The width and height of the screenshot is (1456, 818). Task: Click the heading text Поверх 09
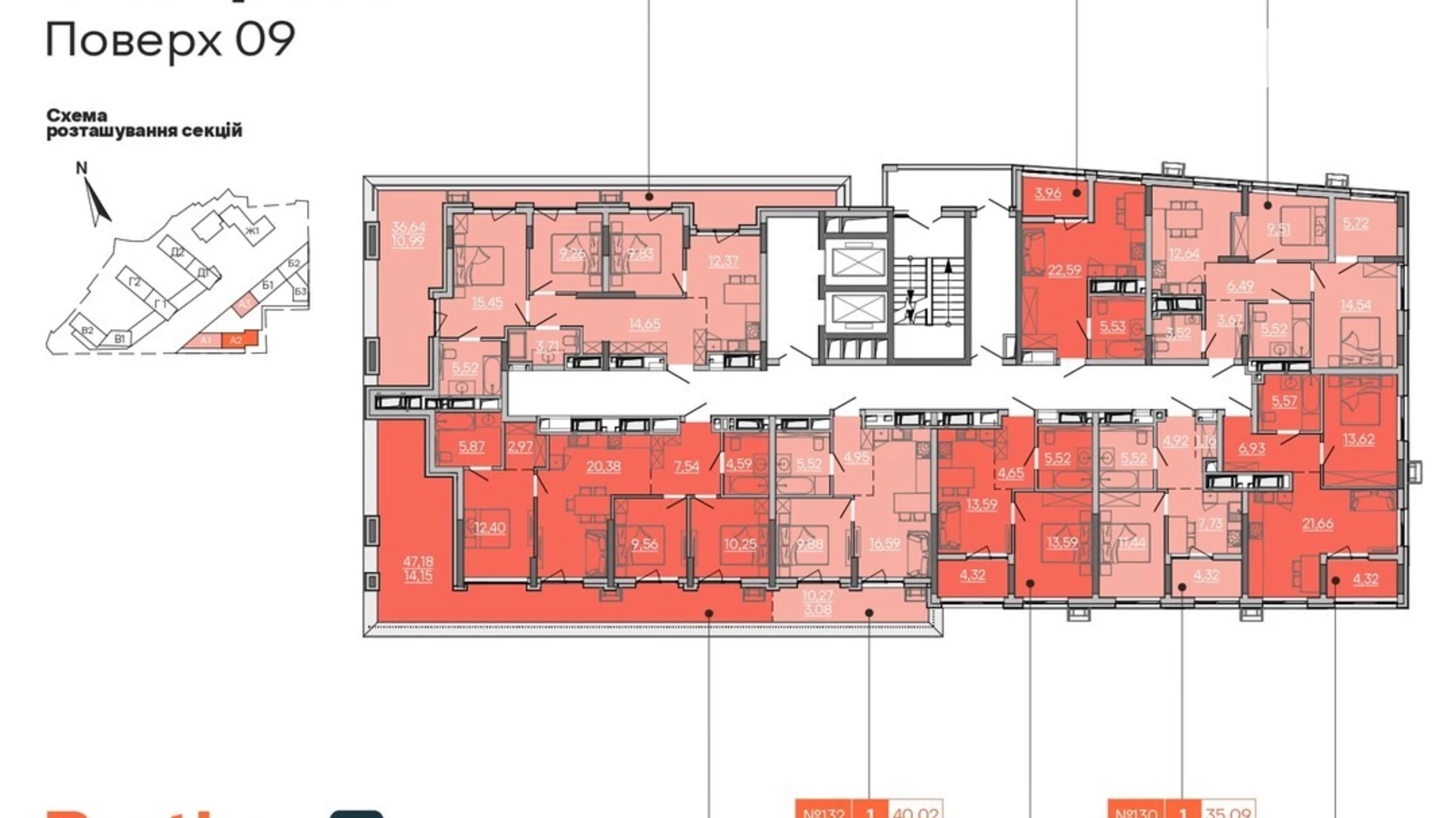(170, 39)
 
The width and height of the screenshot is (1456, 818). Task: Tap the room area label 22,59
(1064, 271)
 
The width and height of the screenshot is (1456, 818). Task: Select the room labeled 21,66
(1317, 524)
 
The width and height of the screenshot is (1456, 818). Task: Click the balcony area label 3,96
(1048, 193)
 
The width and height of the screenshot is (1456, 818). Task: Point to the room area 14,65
(644, 323)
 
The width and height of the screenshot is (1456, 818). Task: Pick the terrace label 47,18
(418, 562)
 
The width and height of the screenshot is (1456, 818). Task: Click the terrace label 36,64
(408, 227)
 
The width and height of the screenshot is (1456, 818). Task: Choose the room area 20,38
(603, 466)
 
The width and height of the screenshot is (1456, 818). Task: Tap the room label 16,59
(885, 543)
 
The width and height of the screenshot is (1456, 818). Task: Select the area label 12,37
(722, 260)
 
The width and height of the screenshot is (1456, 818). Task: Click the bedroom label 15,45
(486, 302)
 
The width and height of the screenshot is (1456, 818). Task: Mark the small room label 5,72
(1355, 223)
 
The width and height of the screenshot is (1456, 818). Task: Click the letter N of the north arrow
(81, 168)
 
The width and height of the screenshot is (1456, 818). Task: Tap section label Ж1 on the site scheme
(252, 231)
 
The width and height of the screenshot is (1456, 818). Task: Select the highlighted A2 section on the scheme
(235, 341)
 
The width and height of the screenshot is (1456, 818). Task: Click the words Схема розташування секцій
(144, 123)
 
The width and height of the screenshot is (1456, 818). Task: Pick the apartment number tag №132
(822, 810)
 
